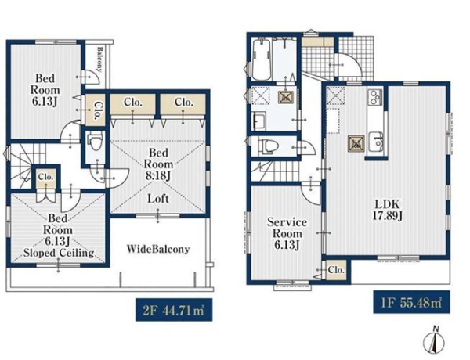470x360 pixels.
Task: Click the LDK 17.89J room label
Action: tap(387, 210)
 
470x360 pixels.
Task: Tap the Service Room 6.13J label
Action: tap(287, 234)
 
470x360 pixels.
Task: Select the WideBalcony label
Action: tap(158, 249)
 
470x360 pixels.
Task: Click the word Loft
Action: tap(158, 199)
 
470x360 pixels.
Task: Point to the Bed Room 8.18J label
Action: tap(158, 164)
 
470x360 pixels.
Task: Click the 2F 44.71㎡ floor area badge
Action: tap(174, 310)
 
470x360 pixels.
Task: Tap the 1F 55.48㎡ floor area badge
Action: tap(411, 302)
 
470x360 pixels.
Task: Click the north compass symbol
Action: tap(434, 341)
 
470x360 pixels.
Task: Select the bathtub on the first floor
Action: tap(262, 59)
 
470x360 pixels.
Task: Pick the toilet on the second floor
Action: tap(96, 142)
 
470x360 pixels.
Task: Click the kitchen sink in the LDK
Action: tap(376, 143)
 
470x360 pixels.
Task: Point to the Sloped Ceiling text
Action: tap(59, 254)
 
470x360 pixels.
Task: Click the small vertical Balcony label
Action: tap(99, 59)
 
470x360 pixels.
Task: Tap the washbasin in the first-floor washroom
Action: tap(258, 121)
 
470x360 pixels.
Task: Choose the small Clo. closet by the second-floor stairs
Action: tap(45, 177)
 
